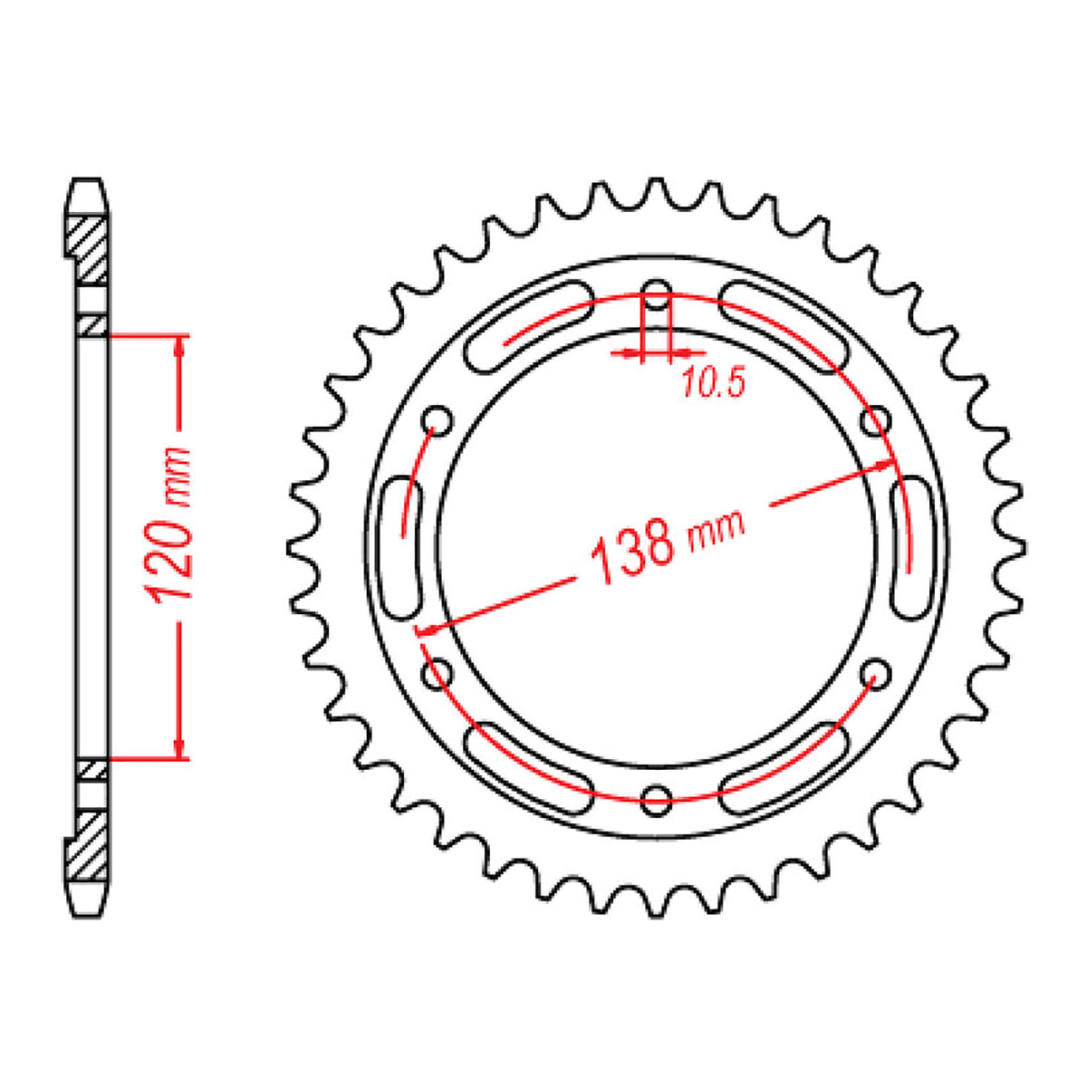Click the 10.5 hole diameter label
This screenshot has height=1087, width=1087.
(712, 385)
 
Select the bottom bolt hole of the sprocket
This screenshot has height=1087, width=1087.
(657, 797)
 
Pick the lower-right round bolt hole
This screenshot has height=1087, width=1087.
(875, 671)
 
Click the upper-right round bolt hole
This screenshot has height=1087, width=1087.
(874, 420)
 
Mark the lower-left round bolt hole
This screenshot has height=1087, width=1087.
(439, 671)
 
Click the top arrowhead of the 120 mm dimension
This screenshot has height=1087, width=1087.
(180, 345)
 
